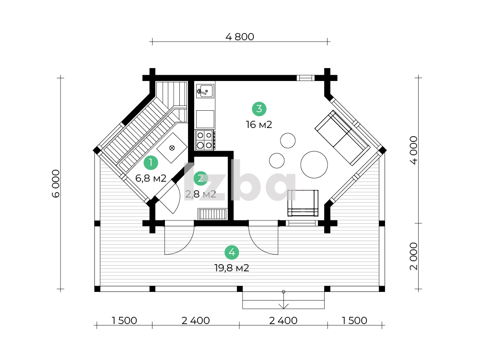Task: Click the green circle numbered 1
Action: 151,163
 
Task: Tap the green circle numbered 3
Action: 259,109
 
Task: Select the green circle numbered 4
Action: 232,252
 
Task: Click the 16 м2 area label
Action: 259,125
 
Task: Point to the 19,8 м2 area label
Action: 232,268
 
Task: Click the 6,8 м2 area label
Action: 151,178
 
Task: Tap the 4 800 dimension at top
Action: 240,37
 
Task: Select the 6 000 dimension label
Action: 56,184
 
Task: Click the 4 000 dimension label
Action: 413,151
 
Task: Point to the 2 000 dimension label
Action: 413,256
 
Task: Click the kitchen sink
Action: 205,91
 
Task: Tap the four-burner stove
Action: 205,140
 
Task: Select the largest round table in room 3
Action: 314,165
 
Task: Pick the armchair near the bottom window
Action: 303,203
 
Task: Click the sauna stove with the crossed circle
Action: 172,148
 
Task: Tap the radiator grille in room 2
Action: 212,214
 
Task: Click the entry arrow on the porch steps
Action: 283,300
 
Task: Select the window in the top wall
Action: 305,78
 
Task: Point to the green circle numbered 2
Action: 200,178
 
